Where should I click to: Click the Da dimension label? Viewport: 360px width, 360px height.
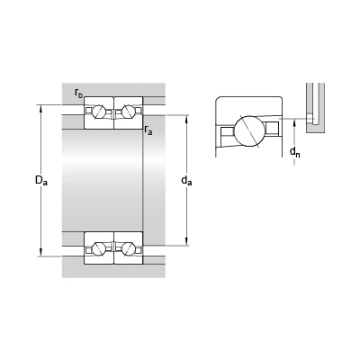click(41, 180)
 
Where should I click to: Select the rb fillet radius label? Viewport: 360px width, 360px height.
click(79, 94)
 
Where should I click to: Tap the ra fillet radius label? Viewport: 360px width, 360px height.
click(148, 130)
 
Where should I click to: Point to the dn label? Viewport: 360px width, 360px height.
click(294, 152)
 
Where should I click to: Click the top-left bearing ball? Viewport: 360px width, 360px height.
click(99, 112)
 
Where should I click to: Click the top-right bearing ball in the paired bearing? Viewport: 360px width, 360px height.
click(129, 112)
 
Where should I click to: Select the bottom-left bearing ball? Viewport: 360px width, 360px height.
click(99, 249)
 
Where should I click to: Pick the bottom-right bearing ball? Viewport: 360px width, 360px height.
click(129, 249)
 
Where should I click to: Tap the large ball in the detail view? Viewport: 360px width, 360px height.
click(249, 130)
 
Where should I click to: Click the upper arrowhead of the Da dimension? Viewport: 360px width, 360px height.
click(41, 108)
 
